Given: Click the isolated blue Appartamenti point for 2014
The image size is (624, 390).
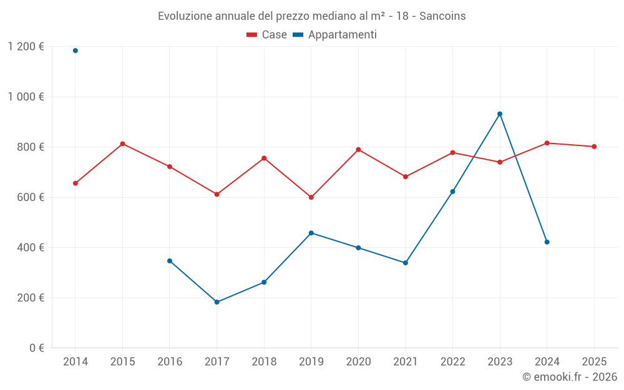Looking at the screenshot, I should pos(76,51).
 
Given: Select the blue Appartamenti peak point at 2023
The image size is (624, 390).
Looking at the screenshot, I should pos(500,114).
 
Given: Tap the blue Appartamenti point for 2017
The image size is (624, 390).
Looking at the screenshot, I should pos(217,302).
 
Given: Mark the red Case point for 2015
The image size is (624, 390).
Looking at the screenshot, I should pos(122,144).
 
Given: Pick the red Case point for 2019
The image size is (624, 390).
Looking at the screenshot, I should pos(311,197).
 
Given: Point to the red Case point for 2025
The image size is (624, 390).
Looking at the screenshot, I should pos(594,147).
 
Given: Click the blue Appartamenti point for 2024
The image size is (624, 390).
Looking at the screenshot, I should pos(547,242).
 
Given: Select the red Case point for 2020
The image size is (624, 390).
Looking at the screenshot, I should pos(358,149).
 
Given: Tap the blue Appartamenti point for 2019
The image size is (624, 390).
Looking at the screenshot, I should pos(311,233).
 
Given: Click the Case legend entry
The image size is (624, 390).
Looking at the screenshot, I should pos(267,35).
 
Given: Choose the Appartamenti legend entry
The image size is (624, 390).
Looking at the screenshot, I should pos(335,35).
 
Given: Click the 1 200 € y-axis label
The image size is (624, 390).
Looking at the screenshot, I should pos(26,47).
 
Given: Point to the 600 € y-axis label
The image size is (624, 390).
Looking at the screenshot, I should pos(31,197).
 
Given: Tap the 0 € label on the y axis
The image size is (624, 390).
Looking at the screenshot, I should pos(37,348).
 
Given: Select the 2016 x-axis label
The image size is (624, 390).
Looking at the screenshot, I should pos(170,362).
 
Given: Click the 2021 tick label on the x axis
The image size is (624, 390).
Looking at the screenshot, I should pos(406,362).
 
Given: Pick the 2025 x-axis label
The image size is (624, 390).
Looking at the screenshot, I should pos(594,362).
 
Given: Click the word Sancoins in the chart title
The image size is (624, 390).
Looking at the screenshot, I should pos(442,16).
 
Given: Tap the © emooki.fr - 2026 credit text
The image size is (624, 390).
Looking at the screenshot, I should pos(569,377).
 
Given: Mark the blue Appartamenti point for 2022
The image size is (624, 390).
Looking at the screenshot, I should pos(452,192).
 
